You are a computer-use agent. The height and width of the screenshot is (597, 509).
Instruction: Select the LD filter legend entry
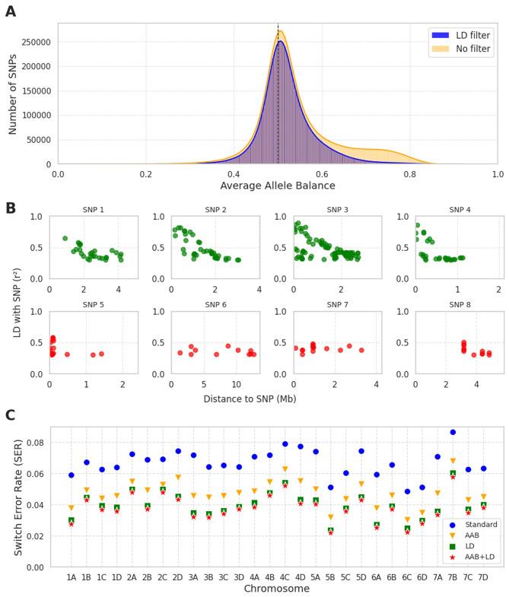[x=461, y=35]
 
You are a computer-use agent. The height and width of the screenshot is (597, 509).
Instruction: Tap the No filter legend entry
[x=461, y=49]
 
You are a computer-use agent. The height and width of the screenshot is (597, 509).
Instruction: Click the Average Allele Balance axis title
[x=277, y=186]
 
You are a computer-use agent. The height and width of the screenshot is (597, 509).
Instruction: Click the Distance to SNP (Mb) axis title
[x=277, y=398]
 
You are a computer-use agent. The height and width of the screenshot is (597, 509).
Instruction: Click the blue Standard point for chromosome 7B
[x=453, y=432]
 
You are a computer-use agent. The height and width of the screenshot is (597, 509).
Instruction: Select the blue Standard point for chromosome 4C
[x=285, y=444]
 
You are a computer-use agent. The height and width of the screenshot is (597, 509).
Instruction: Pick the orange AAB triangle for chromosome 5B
[x=331, y=517]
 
